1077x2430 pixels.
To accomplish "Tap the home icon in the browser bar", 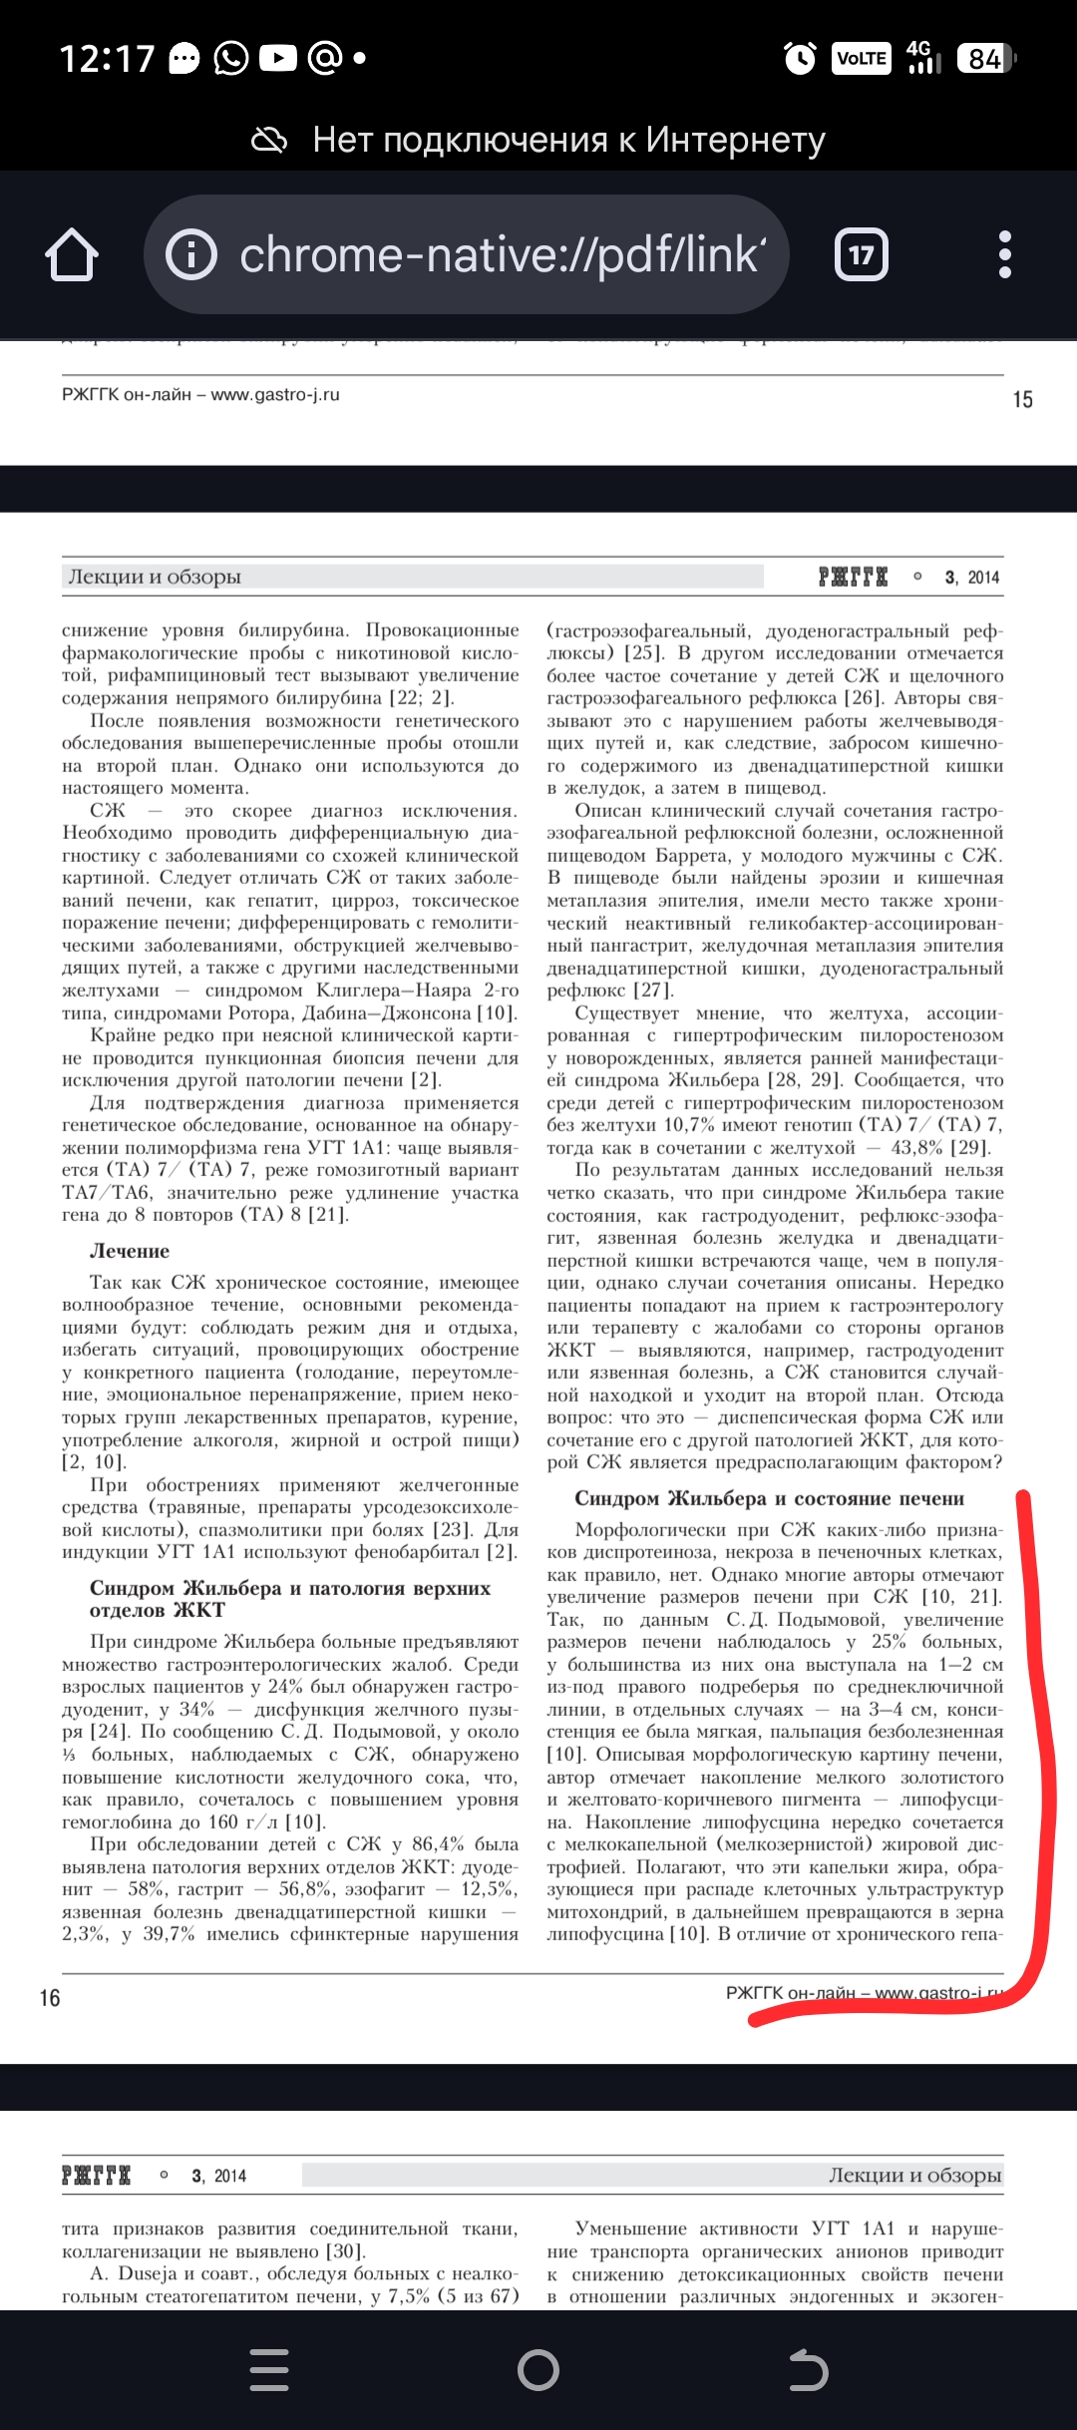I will tap(72, 255).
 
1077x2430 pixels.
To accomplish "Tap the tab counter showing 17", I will tap(861, 255).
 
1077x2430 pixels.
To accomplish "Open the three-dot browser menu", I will tap(1004, 255).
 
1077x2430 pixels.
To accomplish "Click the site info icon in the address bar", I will tap(190, 255).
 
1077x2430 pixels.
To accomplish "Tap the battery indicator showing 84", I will tap(985, 59).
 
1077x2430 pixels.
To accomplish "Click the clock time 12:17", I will tap(107, 59).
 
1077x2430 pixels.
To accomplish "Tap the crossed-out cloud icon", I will tap(269, 141).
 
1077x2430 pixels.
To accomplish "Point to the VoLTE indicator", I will tap(862, 59).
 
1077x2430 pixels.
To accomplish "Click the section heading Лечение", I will tap(130, 1251).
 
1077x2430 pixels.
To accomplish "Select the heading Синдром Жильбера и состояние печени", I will tap(769, 1498).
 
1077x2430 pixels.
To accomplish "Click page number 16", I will tap(50, 1998).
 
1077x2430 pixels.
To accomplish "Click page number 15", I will tap(1022, 400).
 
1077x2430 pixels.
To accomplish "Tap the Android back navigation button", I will tap(808, 2370).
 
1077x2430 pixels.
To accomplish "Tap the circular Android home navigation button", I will tap(538, 2370).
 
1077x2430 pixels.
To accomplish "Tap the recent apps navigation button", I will tap(269, 2370).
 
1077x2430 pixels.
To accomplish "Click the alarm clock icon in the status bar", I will tap(800, 59).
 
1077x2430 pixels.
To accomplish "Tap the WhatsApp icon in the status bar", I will tap(231, 59).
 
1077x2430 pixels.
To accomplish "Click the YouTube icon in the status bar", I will tap(278, 59).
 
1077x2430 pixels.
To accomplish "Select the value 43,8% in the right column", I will tap(917, 1148).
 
